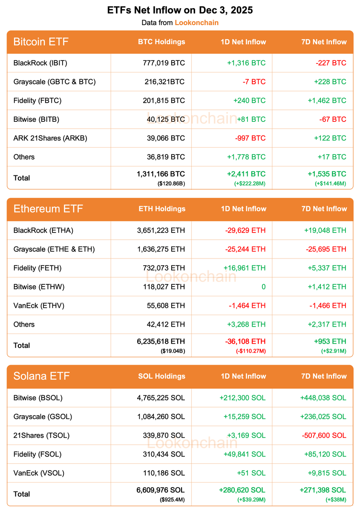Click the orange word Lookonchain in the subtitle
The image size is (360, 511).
click(x=196, y=23)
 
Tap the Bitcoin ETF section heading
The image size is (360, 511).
click(x=41, y=42)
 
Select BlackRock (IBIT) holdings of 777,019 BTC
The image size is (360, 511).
click(x=164, y=63)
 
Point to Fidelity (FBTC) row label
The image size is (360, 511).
click(x=37, y=100)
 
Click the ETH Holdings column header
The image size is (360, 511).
click(x=162, y=209)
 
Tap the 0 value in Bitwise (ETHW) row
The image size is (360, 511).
click(x=263, y=287)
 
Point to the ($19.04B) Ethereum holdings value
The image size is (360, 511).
click(x=173, y=351)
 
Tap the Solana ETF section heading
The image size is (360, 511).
click(x=41, y=376)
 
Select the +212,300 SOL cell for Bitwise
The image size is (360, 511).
click(x=242, y=398)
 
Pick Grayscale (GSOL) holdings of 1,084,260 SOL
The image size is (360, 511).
click(x=161, y=416)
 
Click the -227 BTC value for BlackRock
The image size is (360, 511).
click(x=331, y=63)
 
